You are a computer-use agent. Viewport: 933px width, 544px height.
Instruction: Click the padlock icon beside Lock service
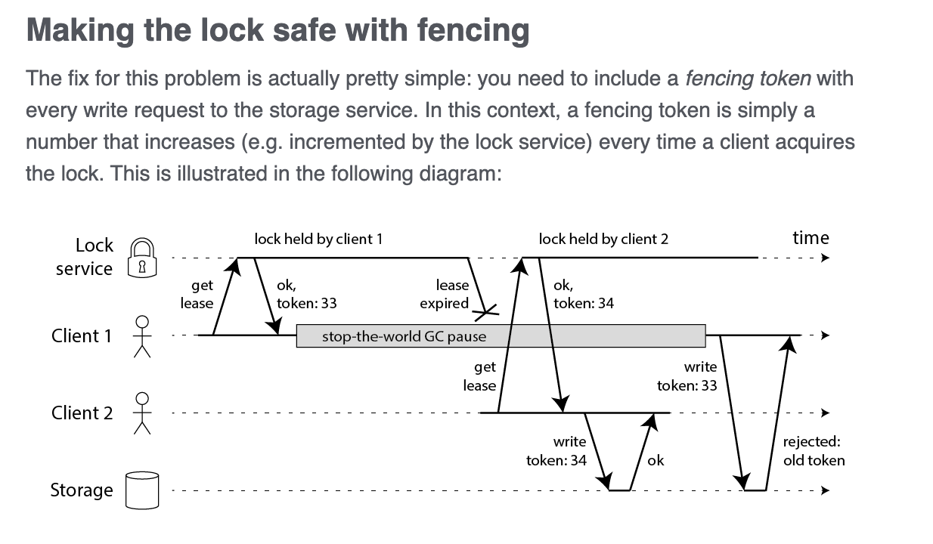tap(142, 258)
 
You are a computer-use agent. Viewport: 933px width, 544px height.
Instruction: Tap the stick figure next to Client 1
tap(142, 336)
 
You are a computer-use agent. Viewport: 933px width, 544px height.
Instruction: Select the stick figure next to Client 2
tap(142, 413)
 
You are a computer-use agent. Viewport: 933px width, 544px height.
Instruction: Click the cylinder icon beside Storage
tap(142, 490)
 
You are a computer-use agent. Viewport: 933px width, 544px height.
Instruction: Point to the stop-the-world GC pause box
tap(501, 336)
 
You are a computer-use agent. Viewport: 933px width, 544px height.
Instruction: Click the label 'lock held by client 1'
tap(318, 239)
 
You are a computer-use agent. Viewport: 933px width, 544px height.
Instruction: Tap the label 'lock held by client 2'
tap(603, 239)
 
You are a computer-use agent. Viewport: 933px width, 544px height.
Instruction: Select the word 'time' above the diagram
tap(811, 238)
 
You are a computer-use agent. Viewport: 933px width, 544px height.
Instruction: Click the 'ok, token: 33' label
tap(306, 294)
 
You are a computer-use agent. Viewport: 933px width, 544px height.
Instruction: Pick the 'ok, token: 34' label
tap(584, 294)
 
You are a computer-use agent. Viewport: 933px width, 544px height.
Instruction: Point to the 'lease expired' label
tap(444, 294)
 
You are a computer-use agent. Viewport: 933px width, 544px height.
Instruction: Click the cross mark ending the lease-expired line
tap(486, 312)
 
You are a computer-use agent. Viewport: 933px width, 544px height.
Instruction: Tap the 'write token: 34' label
tap(556, 451)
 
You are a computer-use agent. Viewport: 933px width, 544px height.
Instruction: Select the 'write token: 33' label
tap(687, 376)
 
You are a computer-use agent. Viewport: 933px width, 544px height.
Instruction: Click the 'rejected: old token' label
tap(814, 451)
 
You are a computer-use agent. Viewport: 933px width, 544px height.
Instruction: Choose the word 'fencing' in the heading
tap(473, 31)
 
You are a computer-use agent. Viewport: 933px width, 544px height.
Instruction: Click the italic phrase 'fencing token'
tap(748, 79)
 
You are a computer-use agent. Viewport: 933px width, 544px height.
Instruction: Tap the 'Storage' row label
tap(82, 490)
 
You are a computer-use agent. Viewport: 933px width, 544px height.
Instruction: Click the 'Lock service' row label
tap(84, 257)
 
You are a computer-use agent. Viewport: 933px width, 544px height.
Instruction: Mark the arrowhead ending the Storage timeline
tap(825, 490)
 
